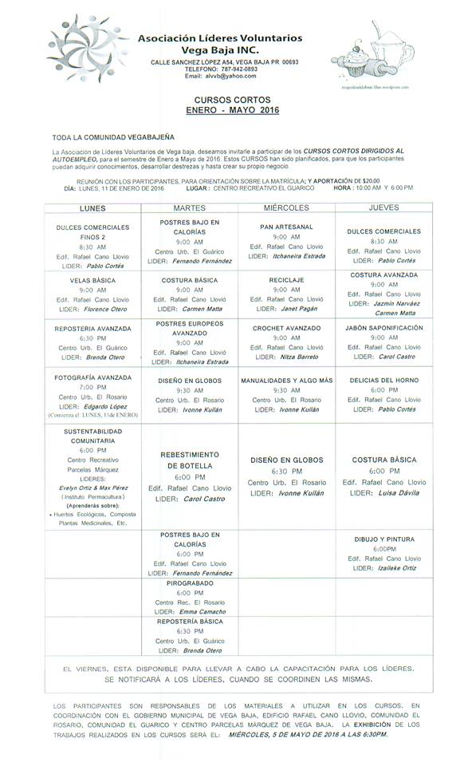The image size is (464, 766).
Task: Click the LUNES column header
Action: click(x=92, y=207)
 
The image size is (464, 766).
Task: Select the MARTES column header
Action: click(x=190, y=207)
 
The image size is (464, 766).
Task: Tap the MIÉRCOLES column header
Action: click(x=286, y=207)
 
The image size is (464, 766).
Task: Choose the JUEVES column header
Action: click(x=384, y=207)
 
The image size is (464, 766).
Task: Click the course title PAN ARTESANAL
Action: click(x=286, y=226)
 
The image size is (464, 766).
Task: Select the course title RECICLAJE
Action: click(x=286, y=281)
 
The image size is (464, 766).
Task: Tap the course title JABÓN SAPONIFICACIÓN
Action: click(x=384, y=327)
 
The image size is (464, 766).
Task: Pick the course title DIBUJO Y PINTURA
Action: click(x=384, y=539)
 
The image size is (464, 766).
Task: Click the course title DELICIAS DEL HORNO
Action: click(x=384, y=380)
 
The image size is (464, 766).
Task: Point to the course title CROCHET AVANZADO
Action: click(x=286, y=327)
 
